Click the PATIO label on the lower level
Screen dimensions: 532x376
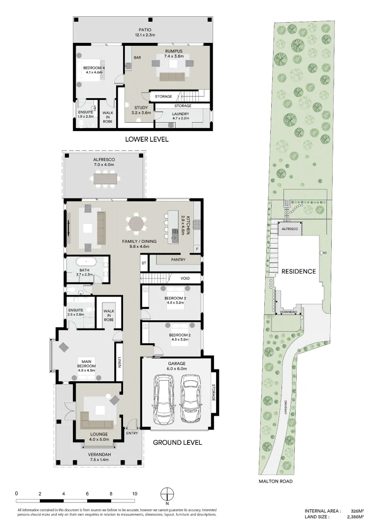click(145, 30)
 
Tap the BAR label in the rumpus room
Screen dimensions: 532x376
click(137, 58)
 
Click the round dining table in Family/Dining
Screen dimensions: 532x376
click(136, 224)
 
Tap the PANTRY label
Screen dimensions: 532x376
click(178, 259)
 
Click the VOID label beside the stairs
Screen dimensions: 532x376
click(185, 278)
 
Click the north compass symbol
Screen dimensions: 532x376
click(168, 494)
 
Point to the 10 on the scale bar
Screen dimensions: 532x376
click(134, 493)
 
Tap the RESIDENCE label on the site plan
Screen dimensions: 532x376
click(298, 271)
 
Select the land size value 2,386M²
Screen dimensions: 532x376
click(354, 517)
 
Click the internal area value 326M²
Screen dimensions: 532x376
click(356, 511)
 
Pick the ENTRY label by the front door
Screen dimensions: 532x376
click(132, 433)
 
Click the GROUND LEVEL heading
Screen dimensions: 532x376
click(177, 442)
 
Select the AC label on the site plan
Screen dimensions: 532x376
click(324, 253)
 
